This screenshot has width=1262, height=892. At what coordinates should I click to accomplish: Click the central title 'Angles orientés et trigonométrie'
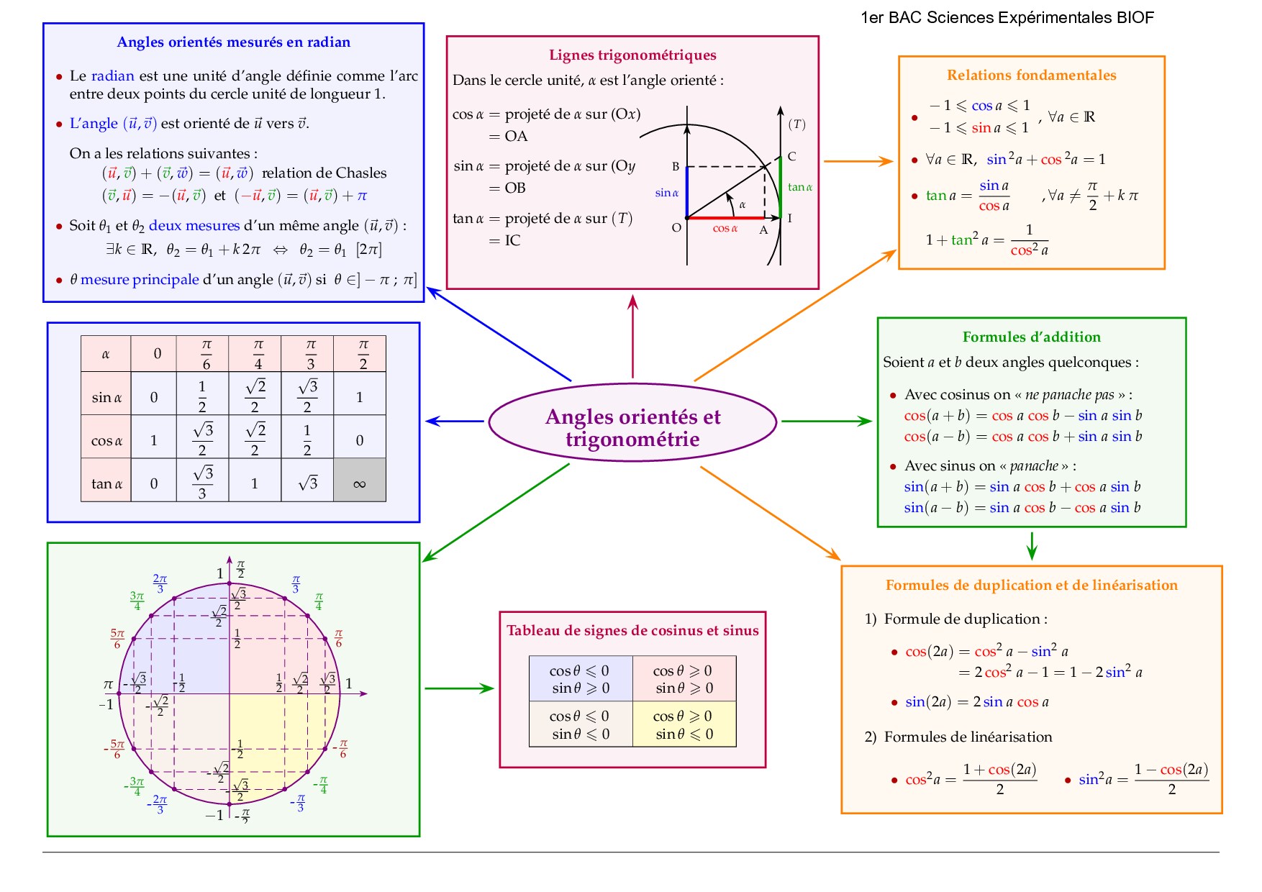point(632,427)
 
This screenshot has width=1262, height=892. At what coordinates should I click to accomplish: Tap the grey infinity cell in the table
point(360,481)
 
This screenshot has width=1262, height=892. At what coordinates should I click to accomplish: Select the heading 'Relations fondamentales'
point(1031,76)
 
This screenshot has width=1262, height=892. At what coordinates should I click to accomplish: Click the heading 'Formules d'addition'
point(1031,337)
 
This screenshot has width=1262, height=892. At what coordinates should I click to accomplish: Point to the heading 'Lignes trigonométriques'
point(632,55)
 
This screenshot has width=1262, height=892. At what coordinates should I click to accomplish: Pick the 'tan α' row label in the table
point(106,483)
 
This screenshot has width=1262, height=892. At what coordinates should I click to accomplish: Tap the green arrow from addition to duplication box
point(1032,546)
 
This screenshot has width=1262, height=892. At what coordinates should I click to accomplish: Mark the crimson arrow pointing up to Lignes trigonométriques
point(633,335)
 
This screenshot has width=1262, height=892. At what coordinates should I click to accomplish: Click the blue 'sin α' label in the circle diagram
point(667,193)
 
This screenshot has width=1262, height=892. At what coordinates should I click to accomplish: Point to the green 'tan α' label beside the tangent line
point(800,187)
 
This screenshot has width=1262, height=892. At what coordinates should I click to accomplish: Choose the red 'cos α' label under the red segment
point(725,229)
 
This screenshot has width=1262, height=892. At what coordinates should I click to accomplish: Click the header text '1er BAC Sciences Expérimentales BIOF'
point(1007,18)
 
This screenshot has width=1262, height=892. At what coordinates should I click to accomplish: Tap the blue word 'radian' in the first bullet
point(112,76)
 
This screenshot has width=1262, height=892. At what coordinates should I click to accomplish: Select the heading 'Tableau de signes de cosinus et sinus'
point(632,631)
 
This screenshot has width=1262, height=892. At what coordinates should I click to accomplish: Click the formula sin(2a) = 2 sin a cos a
point(976,702)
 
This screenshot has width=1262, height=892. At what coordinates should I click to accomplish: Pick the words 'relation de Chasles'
point(324,173)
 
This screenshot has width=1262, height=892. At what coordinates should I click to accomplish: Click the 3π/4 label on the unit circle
point(137,601)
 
